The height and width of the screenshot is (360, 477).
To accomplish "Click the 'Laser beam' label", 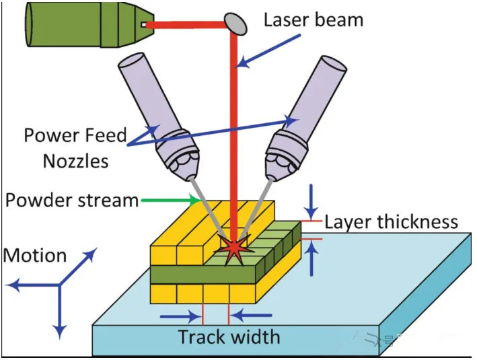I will point(313,19).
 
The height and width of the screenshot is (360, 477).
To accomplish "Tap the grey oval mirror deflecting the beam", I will point(235,22).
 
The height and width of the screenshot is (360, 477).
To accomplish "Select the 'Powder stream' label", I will point(71,201).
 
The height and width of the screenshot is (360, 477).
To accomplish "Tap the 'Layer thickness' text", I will point(391,222).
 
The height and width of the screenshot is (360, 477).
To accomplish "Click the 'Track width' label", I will point(229,336).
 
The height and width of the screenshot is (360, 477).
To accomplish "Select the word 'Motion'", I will point(35,256).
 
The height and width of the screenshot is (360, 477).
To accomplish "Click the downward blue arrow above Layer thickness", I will point(311,200).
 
